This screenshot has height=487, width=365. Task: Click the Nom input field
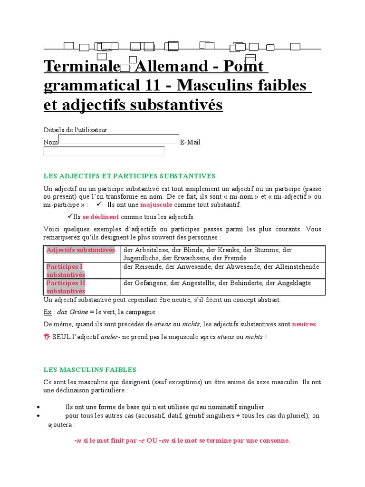[x=119, y=139]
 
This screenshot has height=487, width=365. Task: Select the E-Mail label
[x=190, y=142]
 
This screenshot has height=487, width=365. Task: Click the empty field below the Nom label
[x=104, y=151]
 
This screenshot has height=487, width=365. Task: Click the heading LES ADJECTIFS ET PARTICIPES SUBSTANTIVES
[x=130, y=176]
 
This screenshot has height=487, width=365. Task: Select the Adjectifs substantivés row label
[x=81, y=250]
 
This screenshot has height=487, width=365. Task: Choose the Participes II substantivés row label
[x=66, y=287]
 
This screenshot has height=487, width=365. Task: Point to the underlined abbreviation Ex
[x=47, y=312]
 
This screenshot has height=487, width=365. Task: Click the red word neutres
[x=304, y=324]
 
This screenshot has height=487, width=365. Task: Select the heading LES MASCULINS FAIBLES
[x=90, y=370]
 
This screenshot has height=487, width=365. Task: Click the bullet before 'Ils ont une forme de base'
[x=38, y=407]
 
